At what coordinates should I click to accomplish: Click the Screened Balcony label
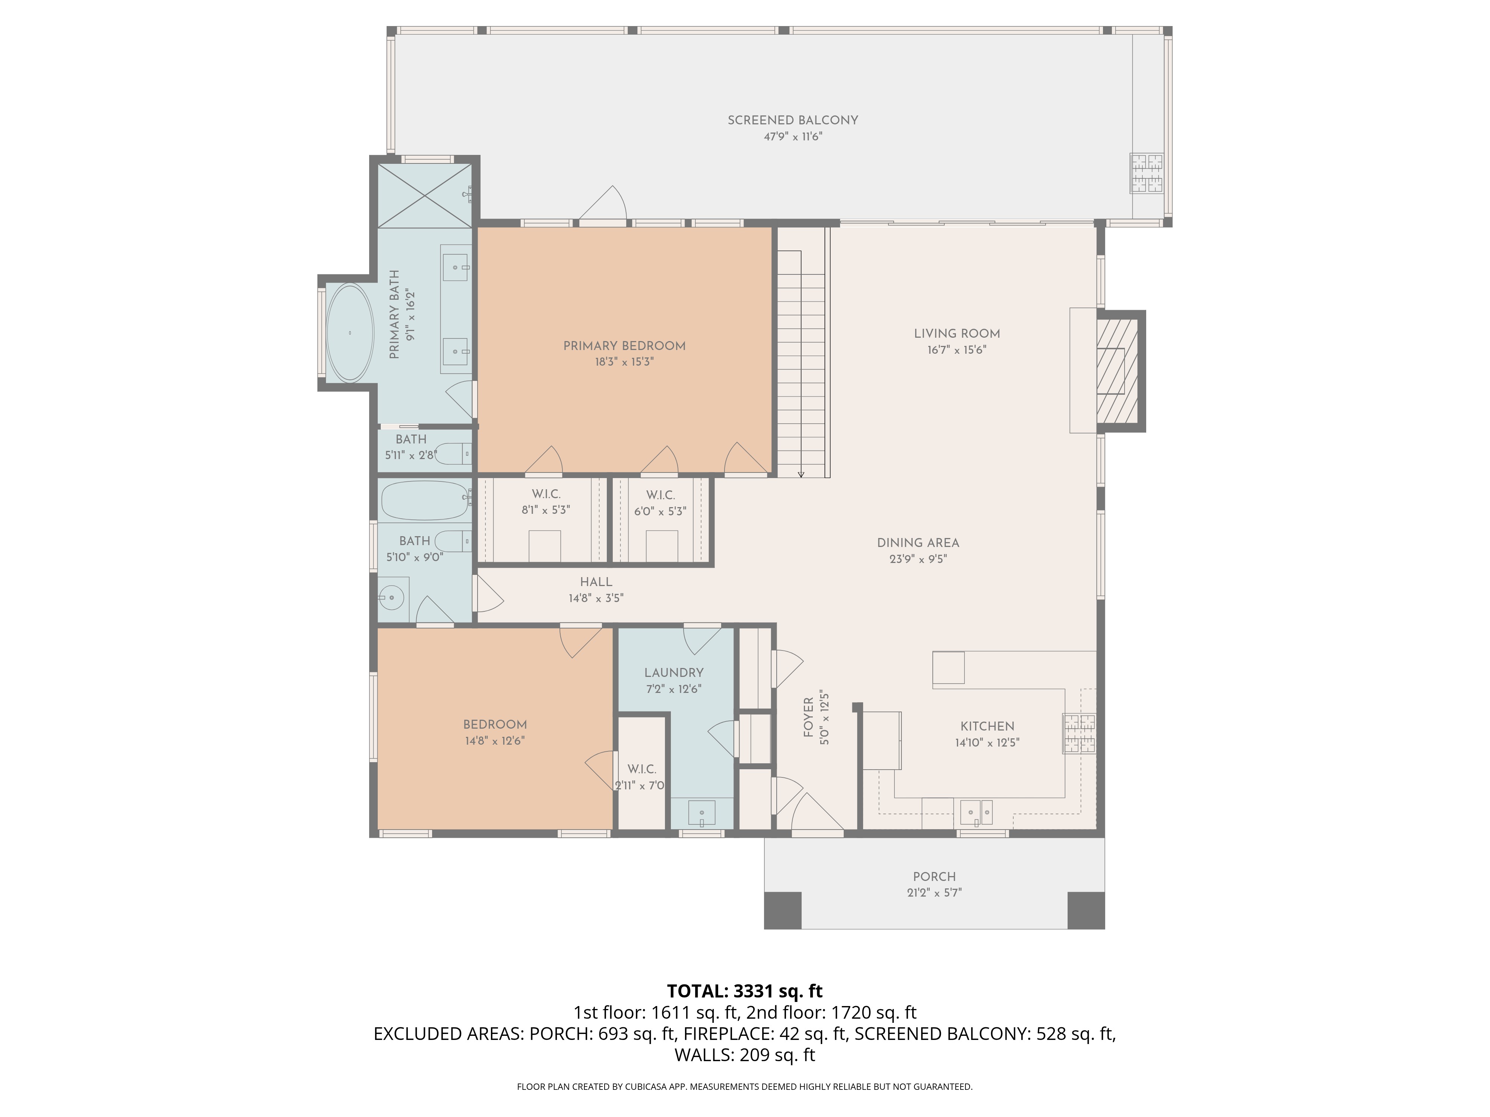[792, 121]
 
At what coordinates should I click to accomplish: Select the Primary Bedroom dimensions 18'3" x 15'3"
[624, 362]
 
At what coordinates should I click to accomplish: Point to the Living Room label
[957, 334]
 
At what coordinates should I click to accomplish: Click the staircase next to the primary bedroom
[802, 363]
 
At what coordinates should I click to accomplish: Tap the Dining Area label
[917, 543]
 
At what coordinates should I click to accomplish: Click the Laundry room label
[673, 673]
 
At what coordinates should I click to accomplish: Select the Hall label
[596, 582]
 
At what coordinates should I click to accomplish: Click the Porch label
[934, 876]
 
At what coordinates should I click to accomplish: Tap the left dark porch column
[783, 910]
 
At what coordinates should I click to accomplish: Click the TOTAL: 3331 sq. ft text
[744, 991]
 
